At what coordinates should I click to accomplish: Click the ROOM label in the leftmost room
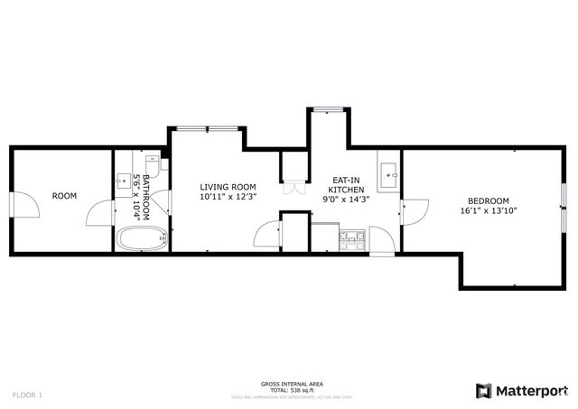[x=64, y=195]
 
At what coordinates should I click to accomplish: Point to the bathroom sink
[x=125, y=178]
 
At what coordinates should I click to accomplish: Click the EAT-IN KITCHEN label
[x=346, y=186]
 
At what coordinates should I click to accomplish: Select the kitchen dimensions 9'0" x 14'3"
[x=346, y=200]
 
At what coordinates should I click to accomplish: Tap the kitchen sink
[x=389, y=172]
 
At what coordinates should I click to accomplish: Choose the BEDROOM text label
[x=488, y=200]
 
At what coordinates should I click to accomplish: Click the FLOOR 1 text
[x=27, y=395]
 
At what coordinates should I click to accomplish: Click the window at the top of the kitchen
[x=329, y=110]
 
